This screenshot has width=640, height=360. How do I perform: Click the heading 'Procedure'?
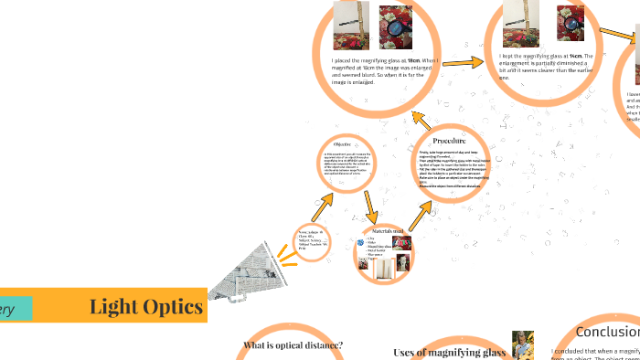click(449, 141)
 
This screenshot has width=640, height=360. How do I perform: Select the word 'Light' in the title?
click(115, 307)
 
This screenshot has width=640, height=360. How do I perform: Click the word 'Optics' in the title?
click(174, 307)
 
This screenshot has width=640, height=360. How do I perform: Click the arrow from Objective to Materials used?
click(368, 205)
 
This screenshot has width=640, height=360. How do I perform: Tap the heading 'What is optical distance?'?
click(293, 345)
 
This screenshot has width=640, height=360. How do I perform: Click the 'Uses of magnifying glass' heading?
click(449, 352)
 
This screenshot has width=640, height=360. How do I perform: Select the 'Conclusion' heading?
click(607, 333)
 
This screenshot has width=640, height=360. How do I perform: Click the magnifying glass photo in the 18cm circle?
click(397, 26)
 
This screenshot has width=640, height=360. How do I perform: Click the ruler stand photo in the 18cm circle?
click(352, 25)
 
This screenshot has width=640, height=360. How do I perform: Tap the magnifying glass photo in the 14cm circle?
click(571, 20)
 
